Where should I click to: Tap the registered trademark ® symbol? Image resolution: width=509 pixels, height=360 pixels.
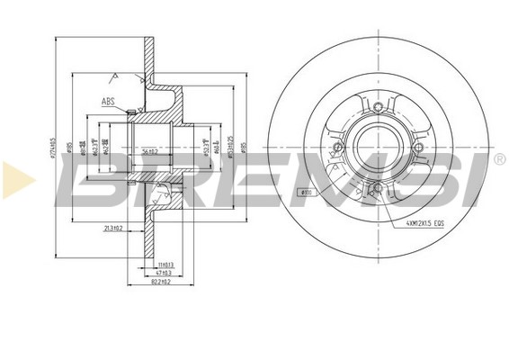(x=499, y=159)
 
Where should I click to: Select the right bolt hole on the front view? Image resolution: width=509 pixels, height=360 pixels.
(x=417, y=147)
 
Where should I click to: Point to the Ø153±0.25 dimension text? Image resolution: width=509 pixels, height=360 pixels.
(x=232, y=148)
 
